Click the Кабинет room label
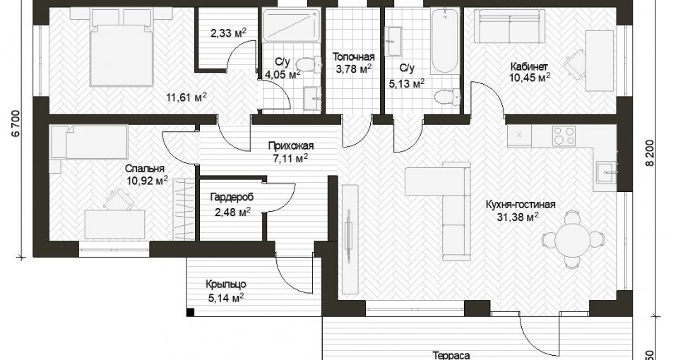coord(529,67)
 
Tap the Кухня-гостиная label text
coord(521,205)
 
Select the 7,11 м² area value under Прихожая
coord(290,159)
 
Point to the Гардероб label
coord(232,198)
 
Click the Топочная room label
coord(353,57)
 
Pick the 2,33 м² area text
coord(228,33)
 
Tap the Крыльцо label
coord(226,284)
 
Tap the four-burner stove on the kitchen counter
coord(564,136)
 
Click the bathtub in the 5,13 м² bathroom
coord(444,42)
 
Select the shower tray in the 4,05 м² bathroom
coord(291,25)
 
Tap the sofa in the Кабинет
coord(509,26)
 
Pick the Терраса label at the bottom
coord(451,356)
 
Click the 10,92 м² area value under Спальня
coord(148,180)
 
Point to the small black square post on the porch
coord(189,313)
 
